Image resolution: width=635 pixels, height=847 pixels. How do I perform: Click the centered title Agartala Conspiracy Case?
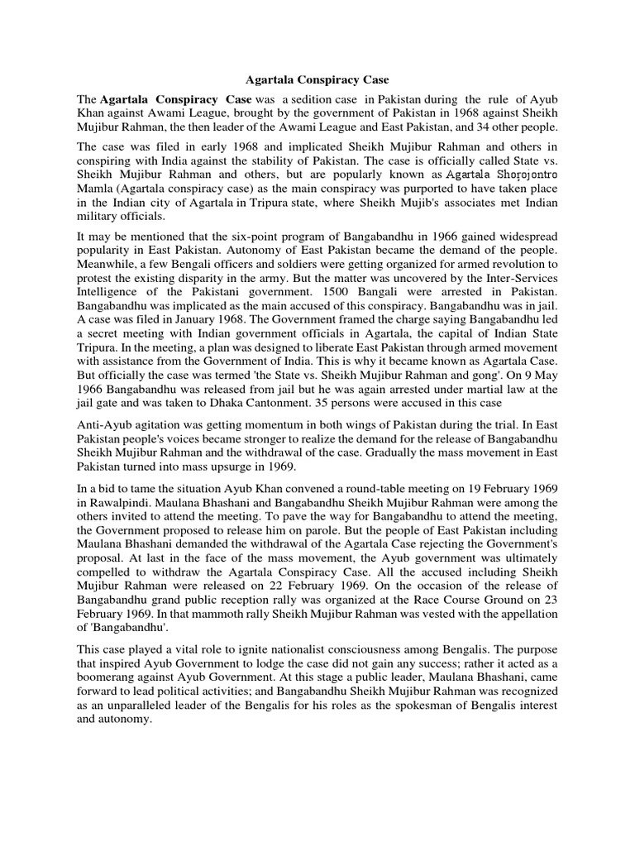click(317, 81)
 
